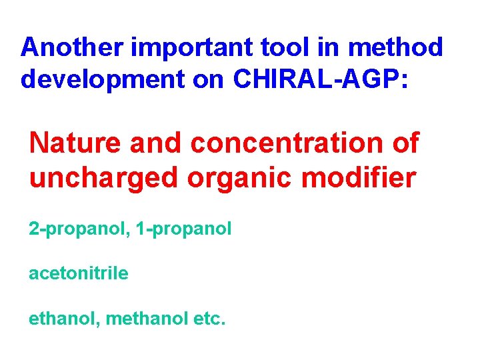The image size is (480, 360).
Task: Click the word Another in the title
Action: click(71, 47)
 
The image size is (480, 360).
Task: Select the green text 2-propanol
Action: click(75, 229)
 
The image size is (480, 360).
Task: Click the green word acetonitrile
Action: click(79, 273)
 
